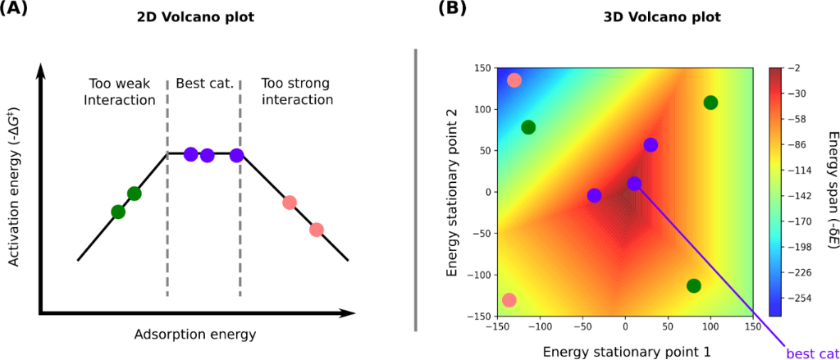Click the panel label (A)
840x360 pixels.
[19, 11]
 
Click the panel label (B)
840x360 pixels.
[454, 11]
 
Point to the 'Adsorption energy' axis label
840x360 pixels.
[194, 335]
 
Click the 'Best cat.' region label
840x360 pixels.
[204, 83]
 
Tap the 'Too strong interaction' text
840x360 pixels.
[296, 91]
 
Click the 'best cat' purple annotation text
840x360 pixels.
[810, 353]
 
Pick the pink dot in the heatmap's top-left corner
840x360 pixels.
[514, 80]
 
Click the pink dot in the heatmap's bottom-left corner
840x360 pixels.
[509, 300]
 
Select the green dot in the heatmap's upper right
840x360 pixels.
[710, 103]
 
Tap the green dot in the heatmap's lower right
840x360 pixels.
[694, 286]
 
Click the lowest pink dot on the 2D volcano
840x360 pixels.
[317, 230]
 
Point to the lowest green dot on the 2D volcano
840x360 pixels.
[118, 212]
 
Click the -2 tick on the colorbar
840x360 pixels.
[794, 68]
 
